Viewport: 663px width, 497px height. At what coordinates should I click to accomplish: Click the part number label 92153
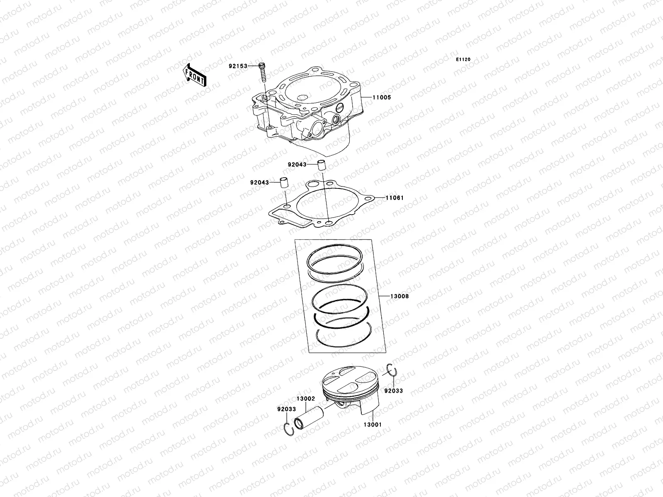[237, 66]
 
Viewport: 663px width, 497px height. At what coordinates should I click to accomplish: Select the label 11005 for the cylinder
[381, 97]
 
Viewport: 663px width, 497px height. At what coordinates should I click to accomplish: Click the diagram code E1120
[463, 60]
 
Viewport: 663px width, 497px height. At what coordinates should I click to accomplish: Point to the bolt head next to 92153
[262, 65]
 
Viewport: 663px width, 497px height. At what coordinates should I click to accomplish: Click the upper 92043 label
[297, 164]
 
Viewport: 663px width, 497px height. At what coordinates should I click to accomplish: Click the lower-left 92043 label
[259, 182]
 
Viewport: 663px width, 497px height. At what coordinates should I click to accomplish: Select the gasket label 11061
[394, 198]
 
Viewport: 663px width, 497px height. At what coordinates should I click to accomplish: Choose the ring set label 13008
[399, 296]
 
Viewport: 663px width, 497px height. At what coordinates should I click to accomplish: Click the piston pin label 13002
[306, 399]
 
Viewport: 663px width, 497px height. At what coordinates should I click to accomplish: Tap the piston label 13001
[373, 425]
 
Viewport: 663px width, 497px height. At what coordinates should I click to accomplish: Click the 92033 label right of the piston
[393, 391]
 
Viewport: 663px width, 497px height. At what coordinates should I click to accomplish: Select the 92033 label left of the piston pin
[286, 409]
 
